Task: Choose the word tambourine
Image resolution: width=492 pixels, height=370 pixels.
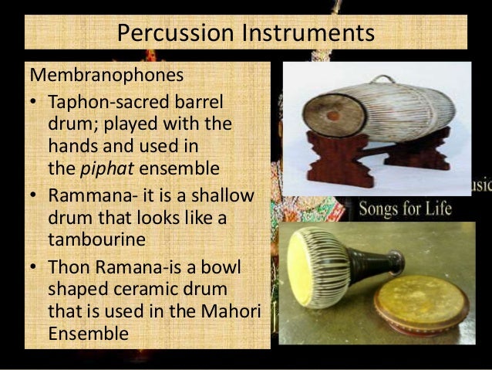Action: (x=96, y=239)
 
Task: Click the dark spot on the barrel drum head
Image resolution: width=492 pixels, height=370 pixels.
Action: (x=332, y=116)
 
